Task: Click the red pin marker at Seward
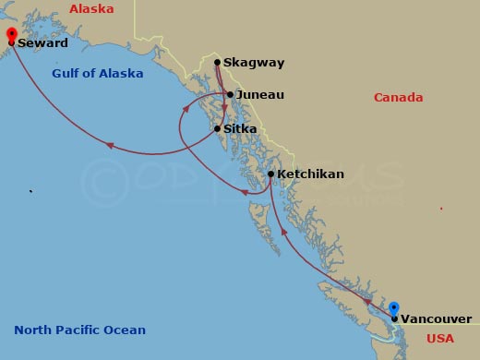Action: click(x=11, y=34)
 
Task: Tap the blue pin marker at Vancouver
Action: click(x=394, y=309)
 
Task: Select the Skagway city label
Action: click(x=254, y=63)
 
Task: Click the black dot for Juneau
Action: click(x=230, y=94)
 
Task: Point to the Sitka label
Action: click(x=240, y=129)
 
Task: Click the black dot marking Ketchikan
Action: click(x=270, y=174)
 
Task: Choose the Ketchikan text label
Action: click(x=310, y=174)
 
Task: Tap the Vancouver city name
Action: click(x=436, y=319)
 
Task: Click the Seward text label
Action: click(x=43, y=42)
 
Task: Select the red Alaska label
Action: click(x=91, y=9)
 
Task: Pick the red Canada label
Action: click(x=398, y=98)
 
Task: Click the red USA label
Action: click(x=440, y=339)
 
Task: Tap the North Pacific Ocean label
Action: click(x=79, y=330)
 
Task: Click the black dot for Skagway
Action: click(x=217, y=63)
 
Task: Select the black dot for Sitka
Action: click(x=218, y=128)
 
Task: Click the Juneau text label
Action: click(x=260, y=94)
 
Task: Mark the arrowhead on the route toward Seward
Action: click(x=109, y=145)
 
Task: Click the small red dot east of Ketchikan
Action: click(x=440, y=209)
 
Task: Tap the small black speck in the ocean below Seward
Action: click(x=30, y=192)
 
